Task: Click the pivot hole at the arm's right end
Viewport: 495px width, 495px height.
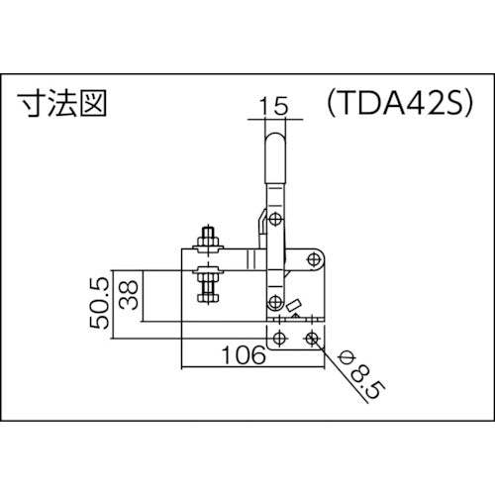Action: [x=314, y=259]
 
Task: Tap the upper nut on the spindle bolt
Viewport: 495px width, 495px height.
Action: [x=208, y=242]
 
